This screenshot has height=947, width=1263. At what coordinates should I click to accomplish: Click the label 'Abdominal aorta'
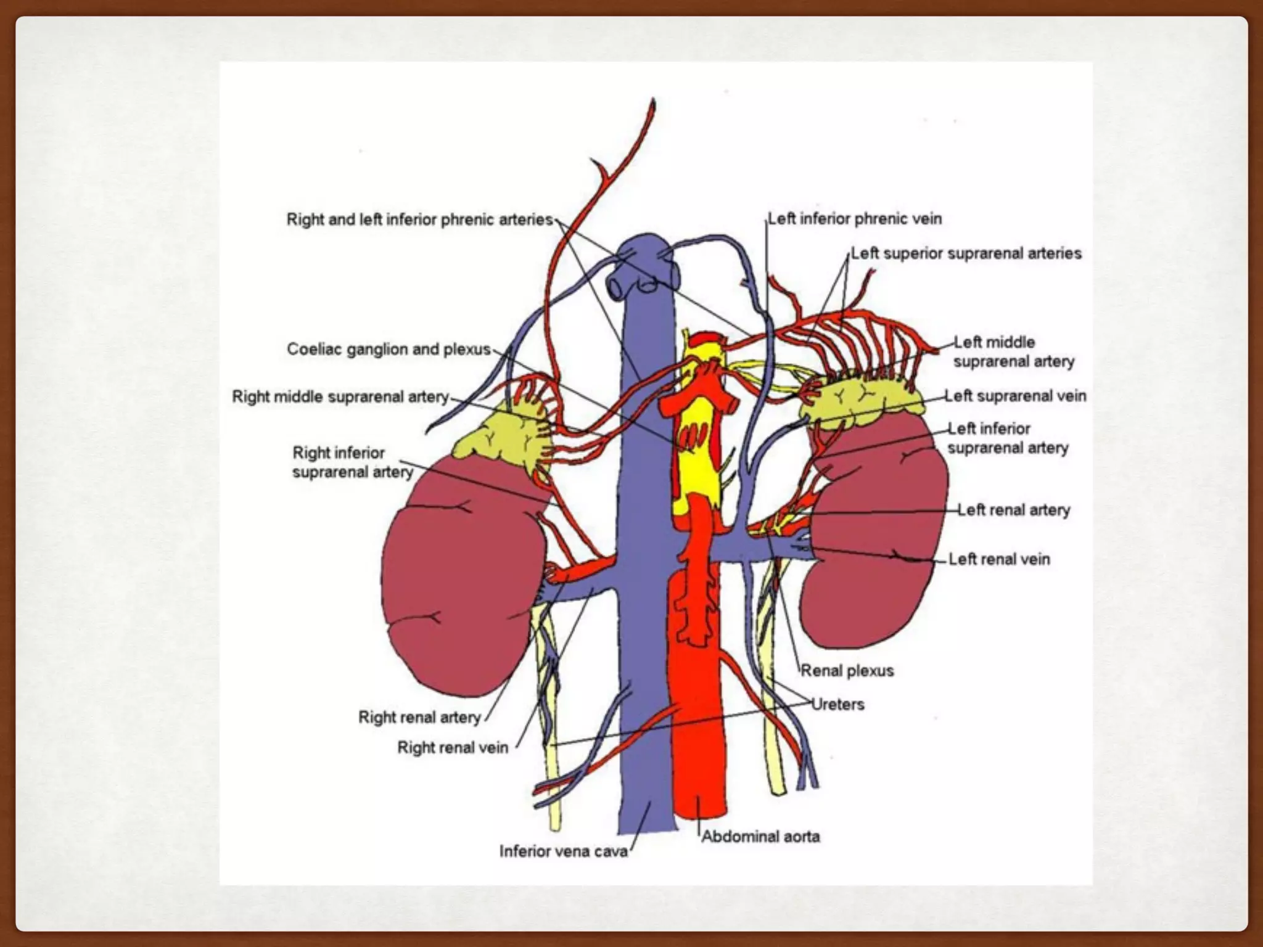tap(760, 837)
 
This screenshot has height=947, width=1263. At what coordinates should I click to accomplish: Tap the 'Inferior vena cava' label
tap(563, 851)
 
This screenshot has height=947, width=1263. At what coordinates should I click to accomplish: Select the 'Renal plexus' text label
tap(847, 671)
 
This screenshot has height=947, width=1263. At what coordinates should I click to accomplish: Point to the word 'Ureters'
tap(837, 704)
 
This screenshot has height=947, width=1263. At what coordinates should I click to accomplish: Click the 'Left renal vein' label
tap(998, 559)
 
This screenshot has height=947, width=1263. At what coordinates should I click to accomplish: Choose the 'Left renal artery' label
tap(1013, 510)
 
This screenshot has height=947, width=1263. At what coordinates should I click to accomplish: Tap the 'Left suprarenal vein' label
tap(1015, 396)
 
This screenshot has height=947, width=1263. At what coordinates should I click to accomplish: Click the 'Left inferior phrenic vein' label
tap(855, 219)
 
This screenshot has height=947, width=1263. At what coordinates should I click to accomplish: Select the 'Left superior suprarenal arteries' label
tap(966, 253)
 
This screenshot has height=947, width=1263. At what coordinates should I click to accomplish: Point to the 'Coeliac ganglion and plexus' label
tap(389, 350)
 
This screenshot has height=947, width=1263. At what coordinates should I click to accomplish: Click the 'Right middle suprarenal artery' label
tap(340, 396)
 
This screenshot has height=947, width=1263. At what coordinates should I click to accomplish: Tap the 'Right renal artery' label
tap(419, 717)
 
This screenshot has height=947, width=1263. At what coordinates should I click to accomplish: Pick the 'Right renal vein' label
tap(453, 747)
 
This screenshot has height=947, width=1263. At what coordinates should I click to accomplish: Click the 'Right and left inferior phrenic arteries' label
tap(419, 219)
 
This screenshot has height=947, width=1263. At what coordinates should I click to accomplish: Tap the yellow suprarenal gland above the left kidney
tap(860, 401)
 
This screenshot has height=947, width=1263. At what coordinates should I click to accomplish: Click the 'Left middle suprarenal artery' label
tap(1013, 351)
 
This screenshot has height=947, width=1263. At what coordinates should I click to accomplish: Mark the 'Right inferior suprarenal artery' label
tap(352, 462)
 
